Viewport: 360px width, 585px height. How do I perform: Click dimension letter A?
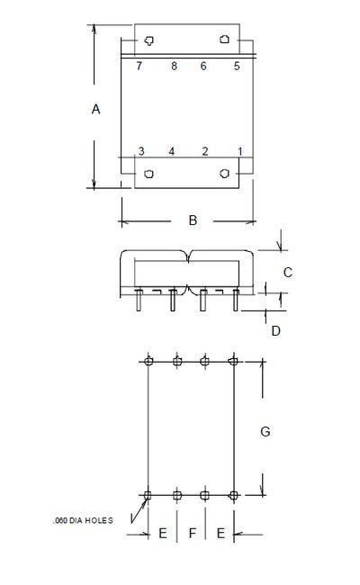click(x=96, y=109)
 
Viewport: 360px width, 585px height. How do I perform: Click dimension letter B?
click(x=193, y=220)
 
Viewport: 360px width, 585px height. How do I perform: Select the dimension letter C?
click(x=288, y=273)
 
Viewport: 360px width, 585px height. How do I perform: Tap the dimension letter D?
click(x=275, y=330)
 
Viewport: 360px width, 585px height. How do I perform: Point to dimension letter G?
click(x=265, y=432)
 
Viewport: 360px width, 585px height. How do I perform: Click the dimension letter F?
click(x=192, y=533)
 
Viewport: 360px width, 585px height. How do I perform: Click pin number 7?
click(x=139, y=66)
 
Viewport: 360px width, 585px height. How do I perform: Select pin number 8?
click(x=174, y=66)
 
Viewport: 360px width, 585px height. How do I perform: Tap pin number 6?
click(x=203, y=66)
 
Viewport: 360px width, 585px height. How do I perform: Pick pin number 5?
click(x=237, y=66)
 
